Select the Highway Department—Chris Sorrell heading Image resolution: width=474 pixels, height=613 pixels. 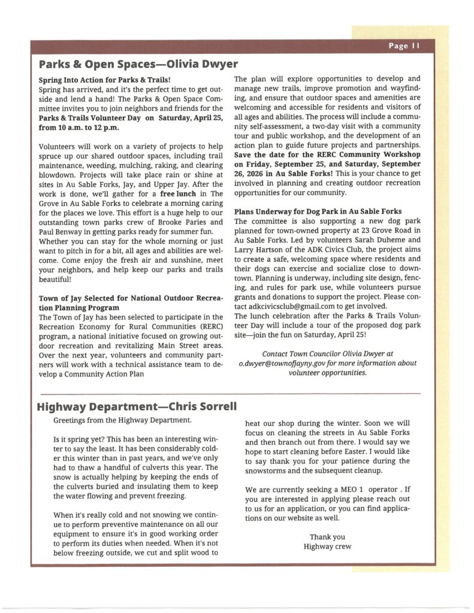[x=137, y=407]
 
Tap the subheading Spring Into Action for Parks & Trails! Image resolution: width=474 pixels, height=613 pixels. [x=105, y=79]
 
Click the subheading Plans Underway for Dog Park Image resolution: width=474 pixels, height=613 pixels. [x=318, y=211]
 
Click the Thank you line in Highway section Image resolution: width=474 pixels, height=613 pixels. [x=327, y=536]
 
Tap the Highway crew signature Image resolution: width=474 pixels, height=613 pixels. [x=327, y=546]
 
